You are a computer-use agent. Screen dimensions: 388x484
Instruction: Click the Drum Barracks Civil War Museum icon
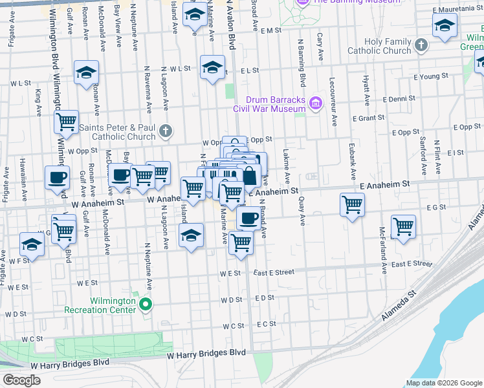(316, 103)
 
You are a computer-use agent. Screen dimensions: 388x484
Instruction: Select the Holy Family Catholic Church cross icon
(421, 45)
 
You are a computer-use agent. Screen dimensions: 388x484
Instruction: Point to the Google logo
(21, 380)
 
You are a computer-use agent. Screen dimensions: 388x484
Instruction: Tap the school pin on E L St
(212, 68)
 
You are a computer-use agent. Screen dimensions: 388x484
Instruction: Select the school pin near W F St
(32, 244)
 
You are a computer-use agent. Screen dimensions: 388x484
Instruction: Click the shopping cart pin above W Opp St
(66, 121)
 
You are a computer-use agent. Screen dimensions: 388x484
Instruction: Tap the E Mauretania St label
(457, 10)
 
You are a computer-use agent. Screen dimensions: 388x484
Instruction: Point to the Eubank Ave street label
(352, 162)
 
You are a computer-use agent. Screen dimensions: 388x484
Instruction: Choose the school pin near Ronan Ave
(86, 73)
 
